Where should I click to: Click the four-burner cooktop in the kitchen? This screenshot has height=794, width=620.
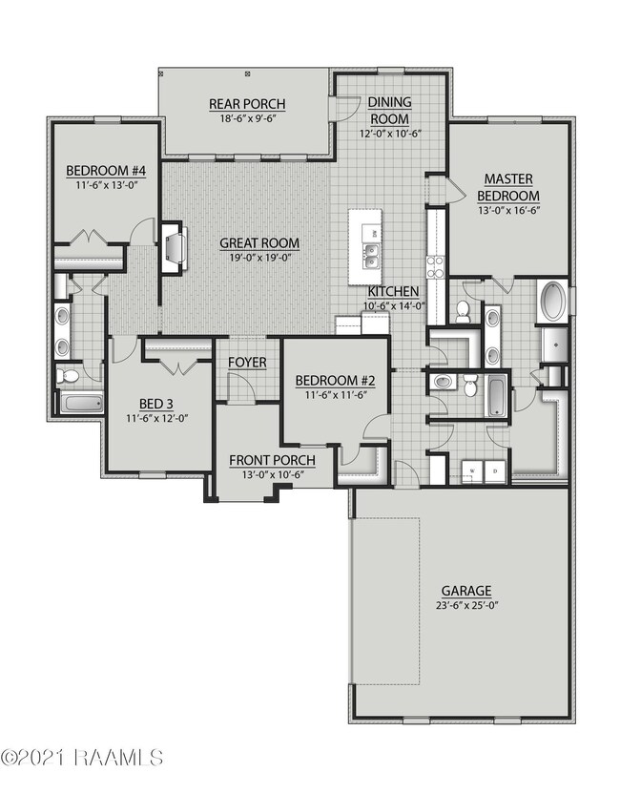(x=435, y=264)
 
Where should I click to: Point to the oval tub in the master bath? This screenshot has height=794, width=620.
(x=552, y=301)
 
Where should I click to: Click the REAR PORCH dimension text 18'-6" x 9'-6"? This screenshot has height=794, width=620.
(x=246, y=120)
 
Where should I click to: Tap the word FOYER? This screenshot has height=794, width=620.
(x=246, y=364)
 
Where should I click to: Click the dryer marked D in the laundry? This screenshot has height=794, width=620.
(x=496, y=470)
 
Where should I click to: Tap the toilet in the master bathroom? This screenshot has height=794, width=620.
(x=462, y=309)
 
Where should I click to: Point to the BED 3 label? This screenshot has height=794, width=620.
(x=157, y=402)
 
